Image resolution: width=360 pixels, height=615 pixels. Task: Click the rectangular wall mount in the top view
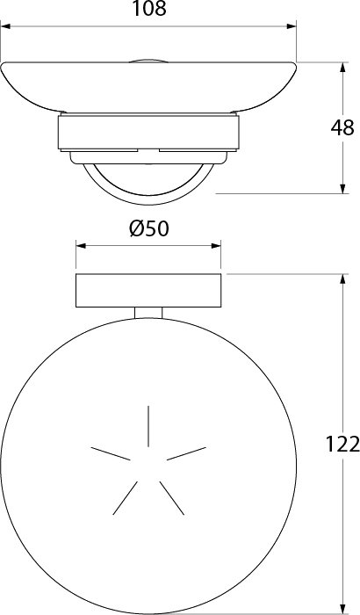[x=148, y=290]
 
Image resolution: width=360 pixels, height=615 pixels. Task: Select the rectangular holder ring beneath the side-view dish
[x=148, y=133]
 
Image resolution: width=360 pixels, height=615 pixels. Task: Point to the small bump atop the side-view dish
[x=148, y=61]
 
